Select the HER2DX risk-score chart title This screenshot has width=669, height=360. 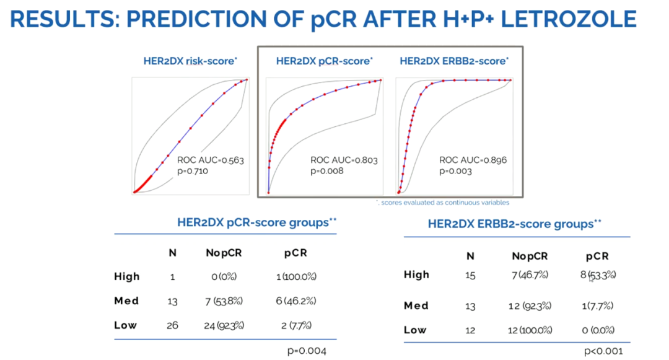click(x=190, y=61)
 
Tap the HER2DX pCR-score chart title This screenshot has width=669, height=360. click(x=324, y=61)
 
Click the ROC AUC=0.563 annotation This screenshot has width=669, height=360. click(x=211, y=160)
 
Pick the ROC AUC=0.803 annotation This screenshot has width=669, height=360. click(x=344, y=160)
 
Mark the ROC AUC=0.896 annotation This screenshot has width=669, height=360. click(x=473, y=160)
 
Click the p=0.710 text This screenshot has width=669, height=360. click(x=193, y=170)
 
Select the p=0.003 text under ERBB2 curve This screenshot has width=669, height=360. click(x=455, y=170)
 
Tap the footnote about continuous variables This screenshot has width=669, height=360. click(x=443, y=203)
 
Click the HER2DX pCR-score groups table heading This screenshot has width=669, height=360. click(x=256, y=222)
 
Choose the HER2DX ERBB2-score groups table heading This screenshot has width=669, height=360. click(x=514, y=224)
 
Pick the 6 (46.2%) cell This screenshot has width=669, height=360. click(x=296, y=301)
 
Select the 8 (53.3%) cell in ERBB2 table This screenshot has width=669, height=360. click(x=598, y=274)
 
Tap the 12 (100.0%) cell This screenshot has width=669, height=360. click(x=530, y=330)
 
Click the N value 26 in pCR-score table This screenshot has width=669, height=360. click(x=172, y=325)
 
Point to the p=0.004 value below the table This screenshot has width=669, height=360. click(x=307, y=351)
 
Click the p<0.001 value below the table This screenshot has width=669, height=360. click(x=603, y=351)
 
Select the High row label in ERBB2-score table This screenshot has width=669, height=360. click(x=416, y=274)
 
